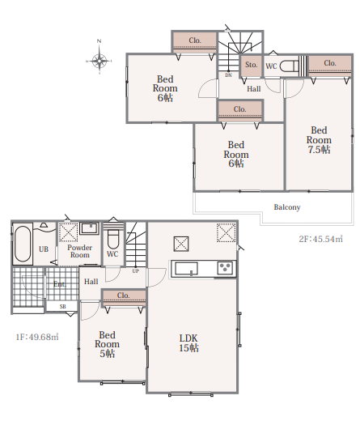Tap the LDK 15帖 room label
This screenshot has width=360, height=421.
click(x=188, y=343)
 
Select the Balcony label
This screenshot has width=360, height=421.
click(x=287, y=207)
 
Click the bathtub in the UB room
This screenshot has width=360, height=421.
click(x=23, y=244)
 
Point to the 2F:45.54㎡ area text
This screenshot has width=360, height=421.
click(x=321, y=239)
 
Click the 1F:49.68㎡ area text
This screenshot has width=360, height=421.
click(x=37, y=337)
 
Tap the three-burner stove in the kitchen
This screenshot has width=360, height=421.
click(x=225, y=268)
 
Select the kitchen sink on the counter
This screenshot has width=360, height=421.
click(x=186, y=269)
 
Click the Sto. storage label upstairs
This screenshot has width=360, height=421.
click(x=251, y=65)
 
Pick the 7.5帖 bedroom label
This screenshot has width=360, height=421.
click(x=319, y=140)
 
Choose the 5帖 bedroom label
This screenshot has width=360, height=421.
click(x=107, y=344)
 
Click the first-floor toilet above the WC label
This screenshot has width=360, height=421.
click(x=113, y=239)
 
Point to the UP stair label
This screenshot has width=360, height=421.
click(x=136, y=271)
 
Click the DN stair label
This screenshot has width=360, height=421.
click(x=228, y=75)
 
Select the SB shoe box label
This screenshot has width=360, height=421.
click(x=62, y=307)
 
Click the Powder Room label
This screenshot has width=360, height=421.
click(x=80, y=251)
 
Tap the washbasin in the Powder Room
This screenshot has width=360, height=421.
click(x=90, y=228)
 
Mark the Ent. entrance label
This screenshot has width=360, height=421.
click(x=59, y=284)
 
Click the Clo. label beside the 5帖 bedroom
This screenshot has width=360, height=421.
click(x=123, y=296)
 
